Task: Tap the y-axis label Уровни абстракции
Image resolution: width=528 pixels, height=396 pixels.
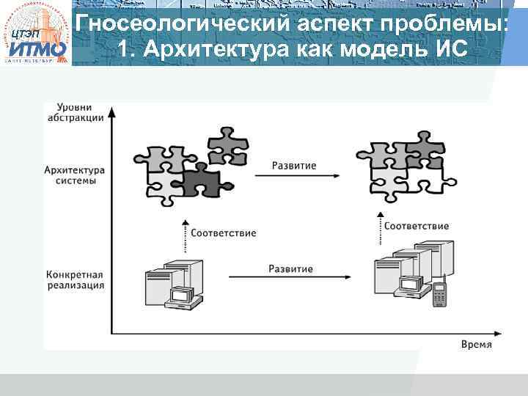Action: point(75,113)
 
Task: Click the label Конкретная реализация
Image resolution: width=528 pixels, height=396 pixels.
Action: point(75,279)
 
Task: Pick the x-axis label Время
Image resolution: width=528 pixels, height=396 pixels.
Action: point(476,344)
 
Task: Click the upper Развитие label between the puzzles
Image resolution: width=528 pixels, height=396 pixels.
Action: point(294,166)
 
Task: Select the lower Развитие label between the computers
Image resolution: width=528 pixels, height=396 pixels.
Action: point(290,268)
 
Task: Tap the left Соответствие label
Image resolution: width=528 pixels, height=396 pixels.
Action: point(223,233)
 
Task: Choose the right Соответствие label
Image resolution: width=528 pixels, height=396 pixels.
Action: point(417,226)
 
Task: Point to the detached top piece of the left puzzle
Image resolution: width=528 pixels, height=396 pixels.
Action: point(226,144)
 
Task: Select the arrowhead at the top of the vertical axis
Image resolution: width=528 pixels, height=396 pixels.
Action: point(111,112)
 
